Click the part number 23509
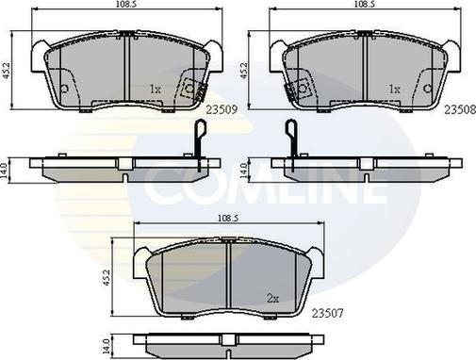click(x=222, y=109)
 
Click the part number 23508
click(x=460, y=109)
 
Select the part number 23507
click(x=328, y=313)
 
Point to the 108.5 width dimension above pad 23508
click(x=364, y=4)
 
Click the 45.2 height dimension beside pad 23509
click(x=7, y=71)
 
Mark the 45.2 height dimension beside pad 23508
click(x=244, y=71)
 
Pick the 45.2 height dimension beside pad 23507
click(x=107, y=277)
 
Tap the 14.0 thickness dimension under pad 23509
click(x=5, y=171)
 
